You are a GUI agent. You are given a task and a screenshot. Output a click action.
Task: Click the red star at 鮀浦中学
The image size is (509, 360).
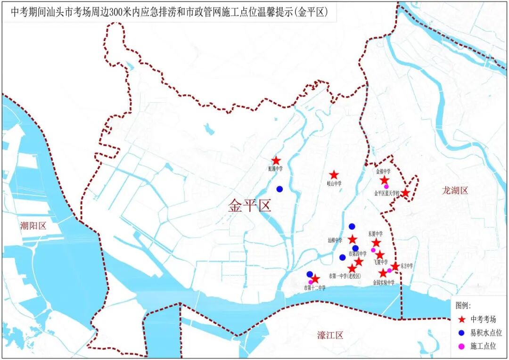point(276,161)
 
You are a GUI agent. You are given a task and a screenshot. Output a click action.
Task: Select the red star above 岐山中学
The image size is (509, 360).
point(334,175)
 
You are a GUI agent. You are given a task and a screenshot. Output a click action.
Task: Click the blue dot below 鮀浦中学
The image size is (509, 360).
point(279,189)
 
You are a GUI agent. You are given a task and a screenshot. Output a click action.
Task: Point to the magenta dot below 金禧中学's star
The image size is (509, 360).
point(386,187)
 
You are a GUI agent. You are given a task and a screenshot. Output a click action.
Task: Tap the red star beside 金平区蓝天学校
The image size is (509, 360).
point(405,192)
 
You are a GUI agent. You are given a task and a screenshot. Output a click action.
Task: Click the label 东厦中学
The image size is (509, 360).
point(375,233)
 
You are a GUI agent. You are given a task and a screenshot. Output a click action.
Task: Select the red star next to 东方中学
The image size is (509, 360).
point(395,266)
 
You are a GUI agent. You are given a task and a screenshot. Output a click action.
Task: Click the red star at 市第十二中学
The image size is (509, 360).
point(315,278)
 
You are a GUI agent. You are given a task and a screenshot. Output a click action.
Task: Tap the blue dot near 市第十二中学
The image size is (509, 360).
point(310,274)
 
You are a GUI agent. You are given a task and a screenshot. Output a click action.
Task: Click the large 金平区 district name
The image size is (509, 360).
point(250,205)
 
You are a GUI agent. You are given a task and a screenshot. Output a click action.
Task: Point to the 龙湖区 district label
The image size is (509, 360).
point(455,190)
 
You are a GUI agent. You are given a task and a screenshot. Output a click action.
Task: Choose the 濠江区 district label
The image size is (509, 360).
point(330,335)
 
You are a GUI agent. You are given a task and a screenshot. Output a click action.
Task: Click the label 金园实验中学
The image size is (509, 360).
point(383,283)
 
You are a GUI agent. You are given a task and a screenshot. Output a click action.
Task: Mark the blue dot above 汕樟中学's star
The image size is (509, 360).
point(352,226)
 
